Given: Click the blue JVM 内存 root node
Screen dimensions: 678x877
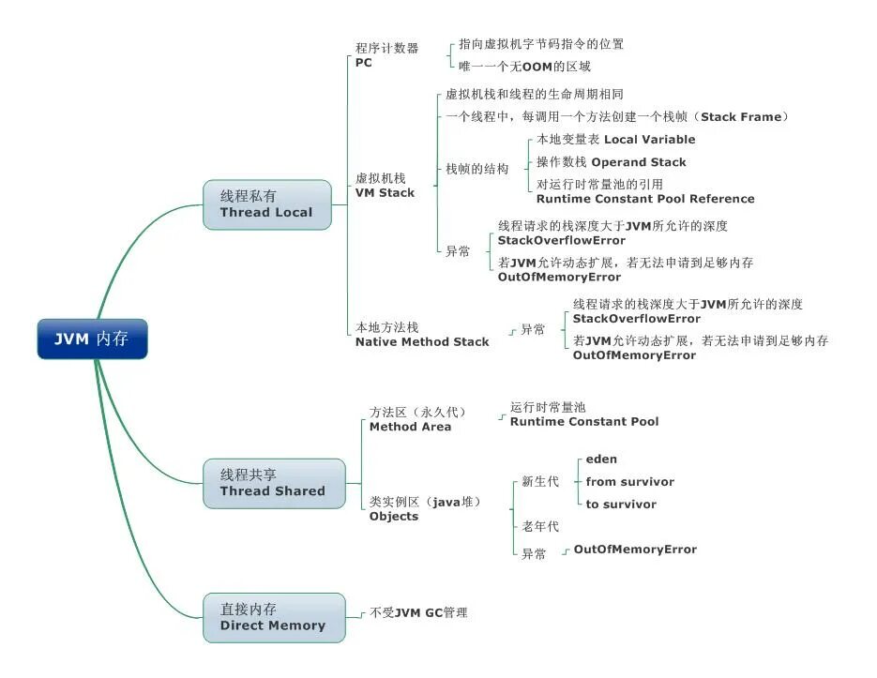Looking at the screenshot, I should coord(92,339).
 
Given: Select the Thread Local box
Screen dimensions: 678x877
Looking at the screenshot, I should coord(267,204).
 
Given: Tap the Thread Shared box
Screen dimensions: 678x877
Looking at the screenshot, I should coord(273,483).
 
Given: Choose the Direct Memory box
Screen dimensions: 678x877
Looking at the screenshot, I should coord(273,618).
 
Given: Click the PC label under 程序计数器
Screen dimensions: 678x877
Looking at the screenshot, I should coord(364,63).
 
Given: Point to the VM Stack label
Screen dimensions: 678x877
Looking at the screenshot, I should coord(385,193).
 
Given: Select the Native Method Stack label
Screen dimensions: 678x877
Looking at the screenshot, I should coord(422,342).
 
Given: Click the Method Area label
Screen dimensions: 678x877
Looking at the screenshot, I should coord(410,427).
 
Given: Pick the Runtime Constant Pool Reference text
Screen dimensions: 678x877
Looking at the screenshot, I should coord(645,199).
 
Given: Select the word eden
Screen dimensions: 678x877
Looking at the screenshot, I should coord(601,460).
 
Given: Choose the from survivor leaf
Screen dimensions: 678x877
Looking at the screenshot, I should coord(629,482).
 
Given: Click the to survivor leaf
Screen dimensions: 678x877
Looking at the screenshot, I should coord(621,505).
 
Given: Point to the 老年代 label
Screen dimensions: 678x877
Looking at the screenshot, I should coord(540,527).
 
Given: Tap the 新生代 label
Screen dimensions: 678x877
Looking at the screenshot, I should coord(540,482).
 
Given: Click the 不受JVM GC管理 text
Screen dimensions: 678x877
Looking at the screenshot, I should coord(418,613).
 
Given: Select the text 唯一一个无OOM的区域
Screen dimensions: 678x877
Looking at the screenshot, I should coord(524,67).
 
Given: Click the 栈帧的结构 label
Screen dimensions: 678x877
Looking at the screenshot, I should coord(476,169).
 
